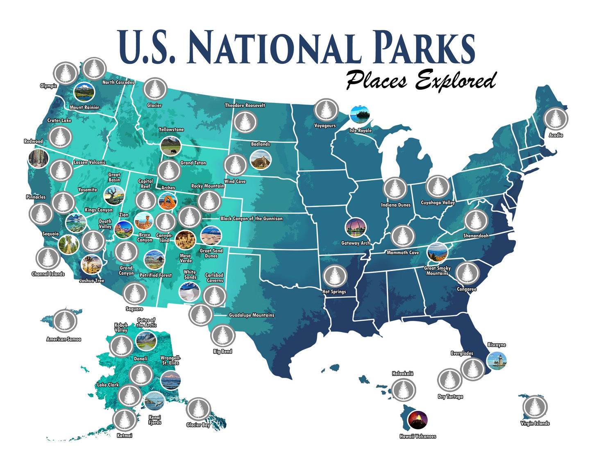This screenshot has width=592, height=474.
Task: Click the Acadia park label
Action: (556, 135)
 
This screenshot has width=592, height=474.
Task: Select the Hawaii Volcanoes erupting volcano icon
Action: (418, 420)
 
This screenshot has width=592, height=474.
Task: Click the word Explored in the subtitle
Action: (456, 80)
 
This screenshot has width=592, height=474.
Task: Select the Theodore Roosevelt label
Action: (245, 105)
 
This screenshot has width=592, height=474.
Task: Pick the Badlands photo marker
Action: (261, 160)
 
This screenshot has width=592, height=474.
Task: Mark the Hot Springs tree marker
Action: (335, 276)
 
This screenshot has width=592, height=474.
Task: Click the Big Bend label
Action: (222, 351)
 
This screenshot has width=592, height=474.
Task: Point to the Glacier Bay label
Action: (198, 425)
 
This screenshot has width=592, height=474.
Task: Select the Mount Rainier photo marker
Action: (84, 92)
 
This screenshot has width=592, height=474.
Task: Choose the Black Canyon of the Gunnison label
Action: (252, 219)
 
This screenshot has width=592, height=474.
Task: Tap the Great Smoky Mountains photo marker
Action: (437, 253)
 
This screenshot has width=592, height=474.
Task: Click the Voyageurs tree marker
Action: (326, 110)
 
